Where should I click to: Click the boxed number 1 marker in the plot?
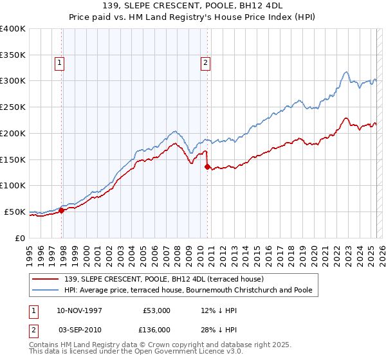click(59, 63)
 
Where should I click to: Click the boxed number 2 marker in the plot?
click(205, 63)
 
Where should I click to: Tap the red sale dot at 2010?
click(207, 166)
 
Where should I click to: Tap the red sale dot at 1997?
click(62, 210)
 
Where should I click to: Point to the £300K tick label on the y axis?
click(13, 81)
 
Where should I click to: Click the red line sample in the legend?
click(46, 279)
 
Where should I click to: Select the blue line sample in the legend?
click(46, 291)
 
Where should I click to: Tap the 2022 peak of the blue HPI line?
click(346, 71)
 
